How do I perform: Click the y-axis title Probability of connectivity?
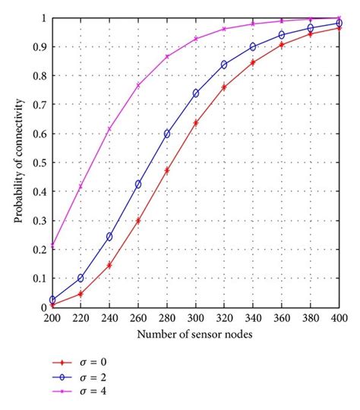pos(17,161)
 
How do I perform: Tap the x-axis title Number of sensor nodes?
pos(195,334)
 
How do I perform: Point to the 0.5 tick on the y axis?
pos(40,162)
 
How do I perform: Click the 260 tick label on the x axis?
pos(138,319)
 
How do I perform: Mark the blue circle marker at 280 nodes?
pos(167,134)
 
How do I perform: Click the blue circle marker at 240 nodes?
pos(109,236)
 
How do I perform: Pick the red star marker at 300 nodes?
pos(196,123)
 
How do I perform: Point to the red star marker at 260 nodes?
pos(138,221)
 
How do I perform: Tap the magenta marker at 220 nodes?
pos(81,187)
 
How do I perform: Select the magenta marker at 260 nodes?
pos(138,86)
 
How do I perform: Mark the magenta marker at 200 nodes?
pos(52,246)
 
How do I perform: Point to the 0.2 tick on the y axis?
pos(40,249)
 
